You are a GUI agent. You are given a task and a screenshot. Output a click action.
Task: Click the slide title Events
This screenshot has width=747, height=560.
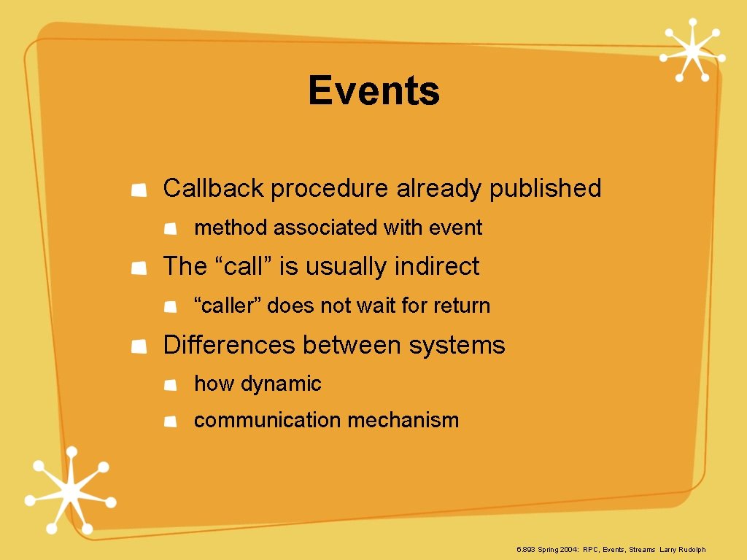[373, 91]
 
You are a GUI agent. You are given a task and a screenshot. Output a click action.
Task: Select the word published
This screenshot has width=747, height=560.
[545, 188]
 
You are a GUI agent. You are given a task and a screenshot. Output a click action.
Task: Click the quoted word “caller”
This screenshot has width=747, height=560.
[227, 306]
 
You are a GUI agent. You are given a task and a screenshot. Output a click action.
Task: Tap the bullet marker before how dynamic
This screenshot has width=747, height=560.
[169, 386]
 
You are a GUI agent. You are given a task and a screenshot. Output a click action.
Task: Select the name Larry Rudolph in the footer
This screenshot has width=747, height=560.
[683, 550]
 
